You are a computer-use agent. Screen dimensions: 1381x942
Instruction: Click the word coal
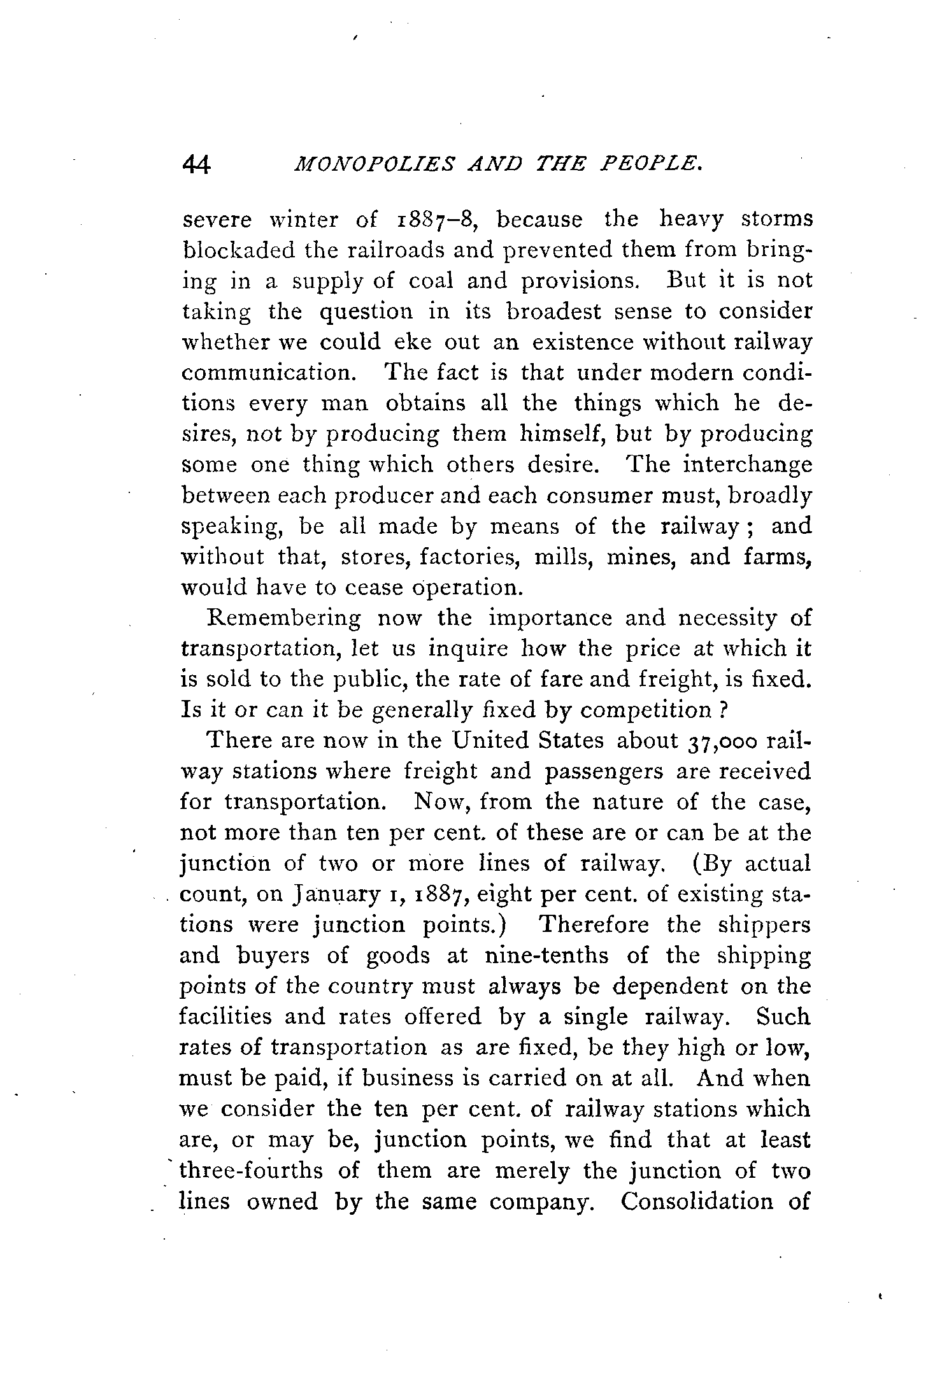point(425,281)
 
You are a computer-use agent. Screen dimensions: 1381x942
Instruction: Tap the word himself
point(553,434)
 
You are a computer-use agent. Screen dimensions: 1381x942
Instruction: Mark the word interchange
point(747,465)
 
